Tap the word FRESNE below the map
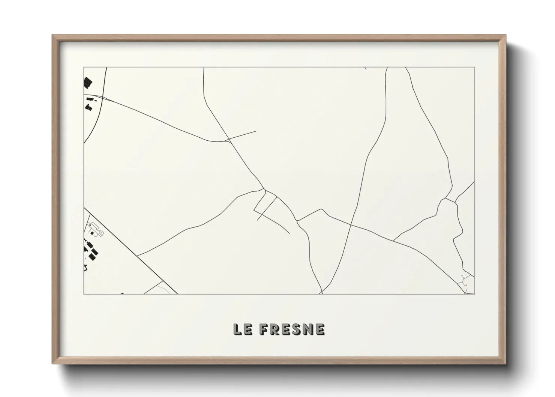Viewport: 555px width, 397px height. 292,329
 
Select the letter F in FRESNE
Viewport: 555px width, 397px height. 264,329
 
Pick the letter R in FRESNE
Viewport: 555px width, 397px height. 274,329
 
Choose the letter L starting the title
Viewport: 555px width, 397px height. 237,329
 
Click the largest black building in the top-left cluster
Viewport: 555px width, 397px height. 88,82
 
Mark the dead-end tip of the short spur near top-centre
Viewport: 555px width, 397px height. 256,131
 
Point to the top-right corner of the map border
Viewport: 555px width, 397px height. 474,68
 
